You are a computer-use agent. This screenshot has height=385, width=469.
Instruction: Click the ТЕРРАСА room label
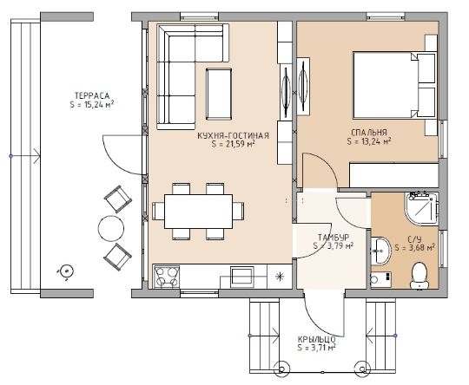pos(92,96)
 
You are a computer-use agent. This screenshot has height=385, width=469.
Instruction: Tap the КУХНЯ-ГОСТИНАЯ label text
pos(234,135)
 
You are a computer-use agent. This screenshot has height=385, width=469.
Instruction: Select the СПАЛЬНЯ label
pos(369,133)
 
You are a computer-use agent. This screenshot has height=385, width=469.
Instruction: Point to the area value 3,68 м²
pos(414,248)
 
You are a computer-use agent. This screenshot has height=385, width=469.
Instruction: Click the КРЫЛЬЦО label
pos(316,340)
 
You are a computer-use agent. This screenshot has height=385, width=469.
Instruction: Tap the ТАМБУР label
pos(334,238)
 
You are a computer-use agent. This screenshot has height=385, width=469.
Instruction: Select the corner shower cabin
pos(421,208)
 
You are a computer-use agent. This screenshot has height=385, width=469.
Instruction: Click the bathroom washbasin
pos(380,251)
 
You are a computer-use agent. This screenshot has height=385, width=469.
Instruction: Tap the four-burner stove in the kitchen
pos(166,277)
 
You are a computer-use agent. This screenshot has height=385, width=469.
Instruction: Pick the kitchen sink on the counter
pos(242,276)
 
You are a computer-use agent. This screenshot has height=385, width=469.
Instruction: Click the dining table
pos(198,212)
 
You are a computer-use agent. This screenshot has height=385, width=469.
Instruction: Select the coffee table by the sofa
pos(219,95)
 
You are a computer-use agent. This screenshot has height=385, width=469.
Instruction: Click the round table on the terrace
pos(111,229)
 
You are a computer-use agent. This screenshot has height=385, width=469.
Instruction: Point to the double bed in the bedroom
pos(394,85)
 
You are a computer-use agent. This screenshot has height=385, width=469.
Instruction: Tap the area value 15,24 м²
pos(92,105)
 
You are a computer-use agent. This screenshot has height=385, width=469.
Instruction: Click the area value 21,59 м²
pos(234,144)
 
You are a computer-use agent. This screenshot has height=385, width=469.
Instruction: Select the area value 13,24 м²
pos(369,141)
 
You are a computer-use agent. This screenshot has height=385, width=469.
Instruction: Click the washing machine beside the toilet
pos(380,279)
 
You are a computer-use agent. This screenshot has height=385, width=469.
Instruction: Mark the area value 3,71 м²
pos(316,348)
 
